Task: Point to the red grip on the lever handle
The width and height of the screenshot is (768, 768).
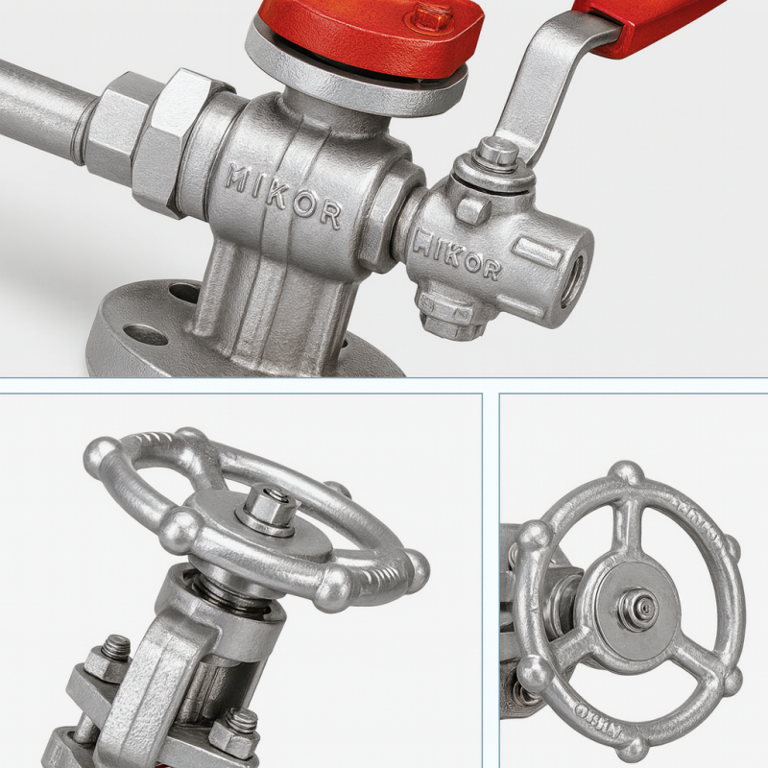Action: point(653,19)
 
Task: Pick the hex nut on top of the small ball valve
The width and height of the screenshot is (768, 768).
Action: point(496,152)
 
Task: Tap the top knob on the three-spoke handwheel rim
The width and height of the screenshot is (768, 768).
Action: point(627,472)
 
